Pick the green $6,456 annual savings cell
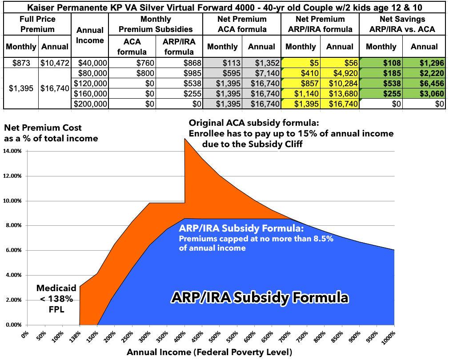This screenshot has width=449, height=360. (x=424, y=83)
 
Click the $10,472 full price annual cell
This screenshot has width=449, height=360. (x=55, y=63)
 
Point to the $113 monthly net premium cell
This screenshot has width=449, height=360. (x=222, y=63)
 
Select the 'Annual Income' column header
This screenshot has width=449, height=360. (x=90, y=36)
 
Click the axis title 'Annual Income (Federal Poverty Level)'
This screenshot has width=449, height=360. (x=209, y=352)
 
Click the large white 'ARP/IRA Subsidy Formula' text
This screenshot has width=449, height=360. (x=260, y=297)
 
